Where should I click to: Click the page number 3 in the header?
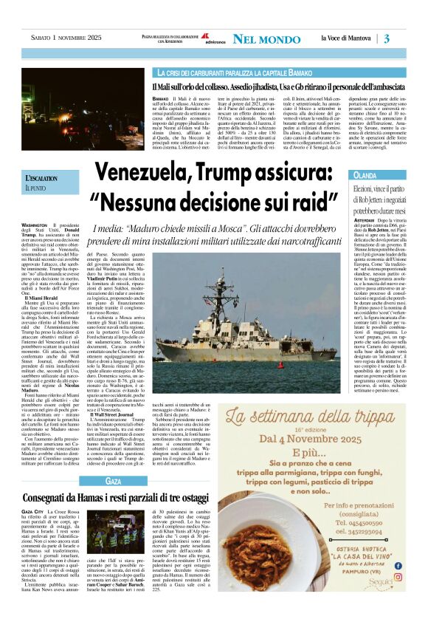(x=407, y=38)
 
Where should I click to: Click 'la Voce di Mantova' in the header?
(x=348, y=38)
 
